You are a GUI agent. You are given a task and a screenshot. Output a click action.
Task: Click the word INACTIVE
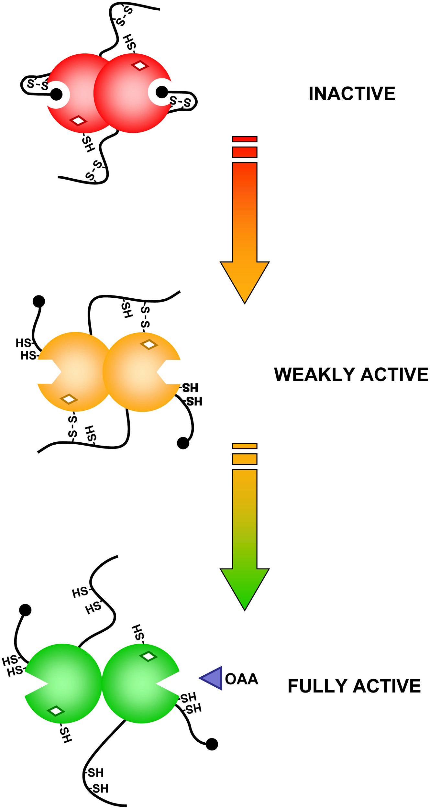point(352,94)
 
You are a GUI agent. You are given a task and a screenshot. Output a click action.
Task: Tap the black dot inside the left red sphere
point(57,94)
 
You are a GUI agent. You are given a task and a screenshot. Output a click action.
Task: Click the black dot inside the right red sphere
point(161,92)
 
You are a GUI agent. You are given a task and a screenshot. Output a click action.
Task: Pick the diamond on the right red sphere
point(140,66)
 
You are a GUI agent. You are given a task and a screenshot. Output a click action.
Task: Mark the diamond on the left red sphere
point(78,121)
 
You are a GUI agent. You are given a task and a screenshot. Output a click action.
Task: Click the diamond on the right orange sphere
point(149,345)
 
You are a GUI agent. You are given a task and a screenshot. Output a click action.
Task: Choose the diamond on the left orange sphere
point(69,399)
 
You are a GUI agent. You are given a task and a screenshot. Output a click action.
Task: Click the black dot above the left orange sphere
point(39,301)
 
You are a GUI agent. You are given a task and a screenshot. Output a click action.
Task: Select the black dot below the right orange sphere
point(183,443)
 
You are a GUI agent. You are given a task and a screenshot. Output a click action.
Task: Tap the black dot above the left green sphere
point(25,610)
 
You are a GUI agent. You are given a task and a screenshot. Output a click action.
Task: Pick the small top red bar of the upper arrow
point(245,139)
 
